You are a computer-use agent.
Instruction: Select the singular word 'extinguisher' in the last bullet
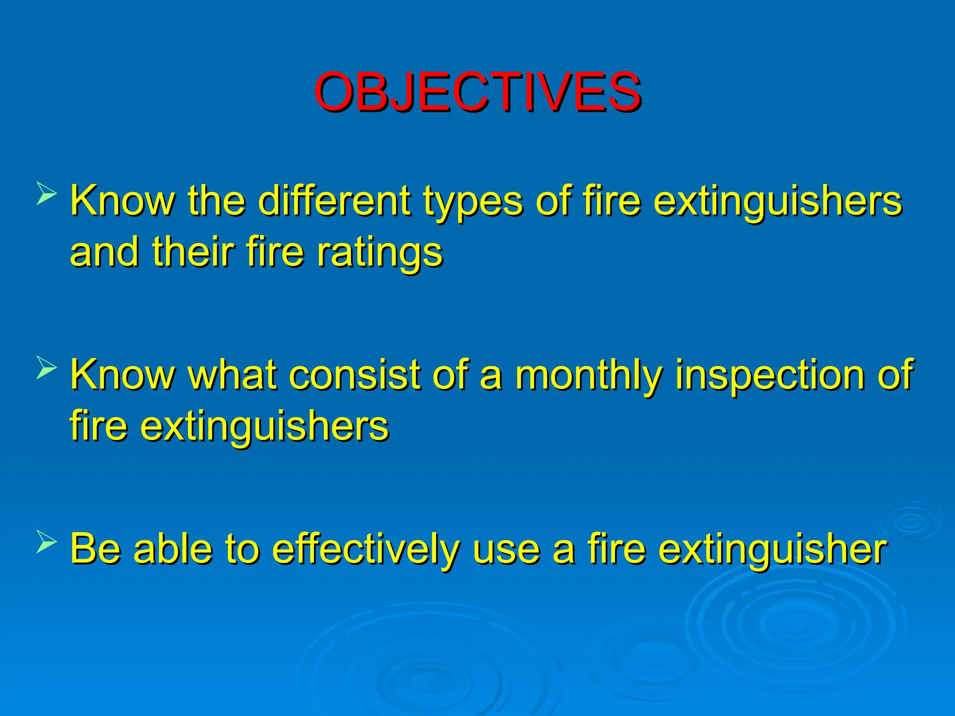tap(772, 550)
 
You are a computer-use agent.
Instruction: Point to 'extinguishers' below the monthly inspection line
tap(264, 427)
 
